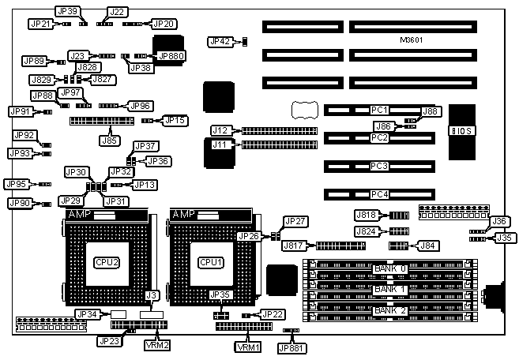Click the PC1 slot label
coord(380,109)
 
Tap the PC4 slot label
coord(380,194)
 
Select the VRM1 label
coord(248,346)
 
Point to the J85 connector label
coord(110,141)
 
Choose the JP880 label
coord(171,56)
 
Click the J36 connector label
coord(501,221)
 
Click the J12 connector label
coord(220,130)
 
